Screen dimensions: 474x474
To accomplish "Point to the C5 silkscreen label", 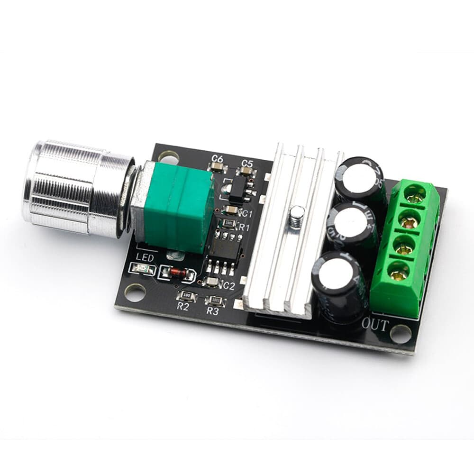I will tap(246, 163).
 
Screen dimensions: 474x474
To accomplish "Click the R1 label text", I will tap(244, 228).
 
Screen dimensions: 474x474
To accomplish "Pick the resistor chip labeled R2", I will tap(187, 296).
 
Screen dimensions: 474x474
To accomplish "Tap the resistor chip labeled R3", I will tap(215, 300).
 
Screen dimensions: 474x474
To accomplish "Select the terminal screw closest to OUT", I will tap(399, 271).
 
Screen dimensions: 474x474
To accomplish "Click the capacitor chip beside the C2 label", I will tap(212, 283).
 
